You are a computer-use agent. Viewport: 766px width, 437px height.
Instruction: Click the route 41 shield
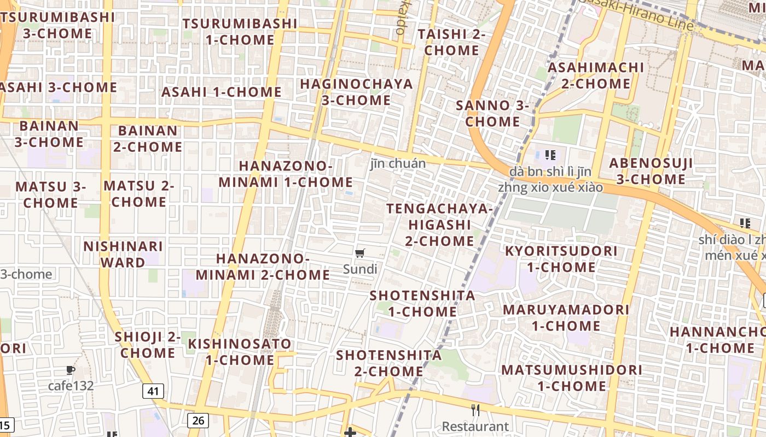(154, 391)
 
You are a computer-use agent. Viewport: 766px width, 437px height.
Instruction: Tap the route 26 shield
(198, 420)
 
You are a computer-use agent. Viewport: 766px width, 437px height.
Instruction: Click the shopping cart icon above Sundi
(360, 253)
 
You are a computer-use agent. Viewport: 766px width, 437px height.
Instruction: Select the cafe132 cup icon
(71, 370)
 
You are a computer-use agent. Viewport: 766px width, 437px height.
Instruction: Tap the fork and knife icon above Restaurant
(475, 410)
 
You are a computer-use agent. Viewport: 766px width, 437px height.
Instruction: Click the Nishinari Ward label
(123, 254)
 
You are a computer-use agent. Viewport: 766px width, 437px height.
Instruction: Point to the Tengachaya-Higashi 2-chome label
(439, 225)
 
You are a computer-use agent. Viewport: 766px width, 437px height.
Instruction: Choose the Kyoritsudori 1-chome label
(561, 259)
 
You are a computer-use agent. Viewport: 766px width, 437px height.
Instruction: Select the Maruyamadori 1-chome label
(566, 317)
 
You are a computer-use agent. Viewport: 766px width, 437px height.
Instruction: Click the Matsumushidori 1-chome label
(571, 377)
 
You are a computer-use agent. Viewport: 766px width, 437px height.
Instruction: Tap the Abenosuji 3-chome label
(651, 171)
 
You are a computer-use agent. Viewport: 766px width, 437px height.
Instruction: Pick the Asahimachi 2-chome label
(595, 75)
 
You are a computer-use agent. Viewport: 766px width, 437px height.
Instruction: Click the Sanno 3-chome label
(492, 113)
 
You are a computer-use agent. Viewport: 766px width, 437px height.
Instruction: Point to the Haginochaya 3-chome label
(356, 92)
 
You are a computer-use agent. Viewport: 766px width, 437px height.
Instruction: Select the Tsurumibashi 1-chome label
(240, 32)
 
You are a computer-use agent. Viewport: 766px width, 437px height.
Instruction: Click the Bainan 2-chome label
(148, 139)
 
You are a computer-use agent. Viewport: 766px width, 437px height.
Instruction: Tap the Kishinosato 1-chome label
(240, 352)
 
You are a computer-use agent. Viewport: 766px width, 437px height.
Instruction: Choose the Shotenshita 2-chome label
(388, 363)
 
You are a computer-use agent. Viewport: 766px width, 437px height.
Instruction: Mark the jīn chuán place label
(397, 163)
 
